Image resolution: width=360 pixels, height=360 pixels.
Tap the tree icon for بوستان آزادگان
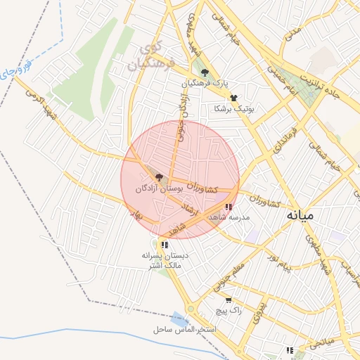point(159,177)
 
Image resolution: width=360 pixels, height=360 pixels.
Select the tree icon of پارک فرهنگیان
point(205,72)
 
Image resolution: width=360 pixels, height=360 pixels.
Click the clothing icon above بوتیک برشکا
point(233,98)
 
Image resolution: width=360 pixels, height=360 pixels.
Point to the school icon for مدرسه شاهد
point(229,207)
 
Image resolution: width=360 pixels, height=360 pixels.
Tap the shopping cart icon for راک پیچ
point(219,300)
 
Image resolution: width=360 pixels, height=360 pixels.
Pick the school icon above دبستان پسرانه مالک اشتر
point(164,245)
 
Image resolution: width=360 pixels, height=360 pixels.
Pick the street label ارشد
point(190,209)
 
